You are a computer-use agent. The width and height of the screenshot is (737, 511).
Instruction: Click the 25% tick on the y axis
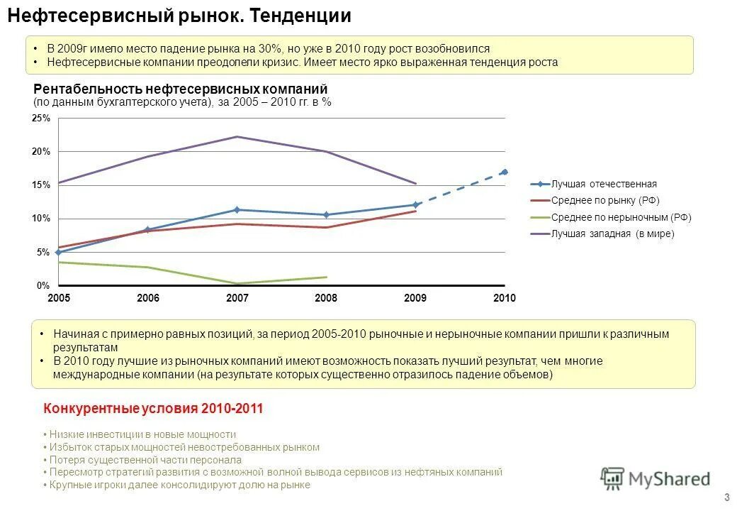pyautogui.click(x=41, y=119)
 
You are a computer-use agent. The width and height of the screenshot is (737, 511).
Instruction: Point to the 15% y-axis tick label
pyautogui.click(x=41, y=185)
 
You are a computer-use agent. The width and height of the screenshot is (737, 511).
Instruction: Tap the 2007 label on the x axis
pyautogui.click(x=237, y=298)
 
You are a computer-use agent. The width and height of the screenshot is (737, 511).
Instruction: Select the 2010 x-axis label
pyautogui.click(x=505, y=298)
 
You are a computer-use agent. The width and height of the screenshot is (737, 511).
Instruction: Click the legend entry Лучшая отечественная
pyautogui.click(x=604, y=184)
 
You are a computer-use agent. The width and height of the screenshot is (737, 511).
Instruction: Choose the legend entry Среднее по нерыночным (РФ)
pyautogui.click(x=621, y=218)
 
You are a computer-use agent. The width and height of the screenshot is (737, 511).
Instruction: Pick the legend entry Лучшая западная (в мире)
pyautogui.click(x=612, y=234)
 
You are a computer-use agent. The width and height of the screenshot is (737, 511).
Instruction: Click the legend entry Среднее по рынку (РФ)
pyautogui.click(x=605, y=201)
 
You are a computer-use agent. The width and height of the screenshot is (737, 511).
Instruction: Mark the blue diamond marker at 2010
pyautogui.click(x=505, y=172)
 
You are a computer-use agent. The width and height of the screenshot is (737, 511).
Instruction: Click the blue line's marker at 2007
pyautogui.click(x=237, y=210)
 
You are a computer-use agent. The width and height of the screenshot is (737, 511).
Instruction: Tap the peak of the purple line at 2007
pyautogui.click(x=237, y=136)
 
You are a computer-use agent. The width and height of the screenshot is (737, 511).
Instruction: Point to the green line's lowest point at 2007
pyautogui.click(x=237, y=283)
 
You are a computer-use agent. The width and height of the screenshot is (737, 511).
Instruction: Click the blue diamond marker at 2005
pyautogui.click(x=58, y=252)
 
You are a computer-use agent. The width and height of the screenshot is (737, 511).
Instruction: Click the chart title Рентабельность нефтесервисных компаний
pyautogui.click(x=181, y=89)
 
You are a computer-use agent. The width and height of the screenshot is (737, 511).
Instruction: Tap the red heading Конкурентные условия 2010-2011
pyautogui.click(x=153, y=409)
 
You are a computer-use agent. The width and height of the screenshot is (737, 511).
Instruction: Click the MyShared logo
pyautogui.click(x=655, y=478)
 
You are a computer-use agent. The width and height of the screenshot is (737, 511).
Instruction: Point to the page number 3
pyautogui.click(x=726, y=497)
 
